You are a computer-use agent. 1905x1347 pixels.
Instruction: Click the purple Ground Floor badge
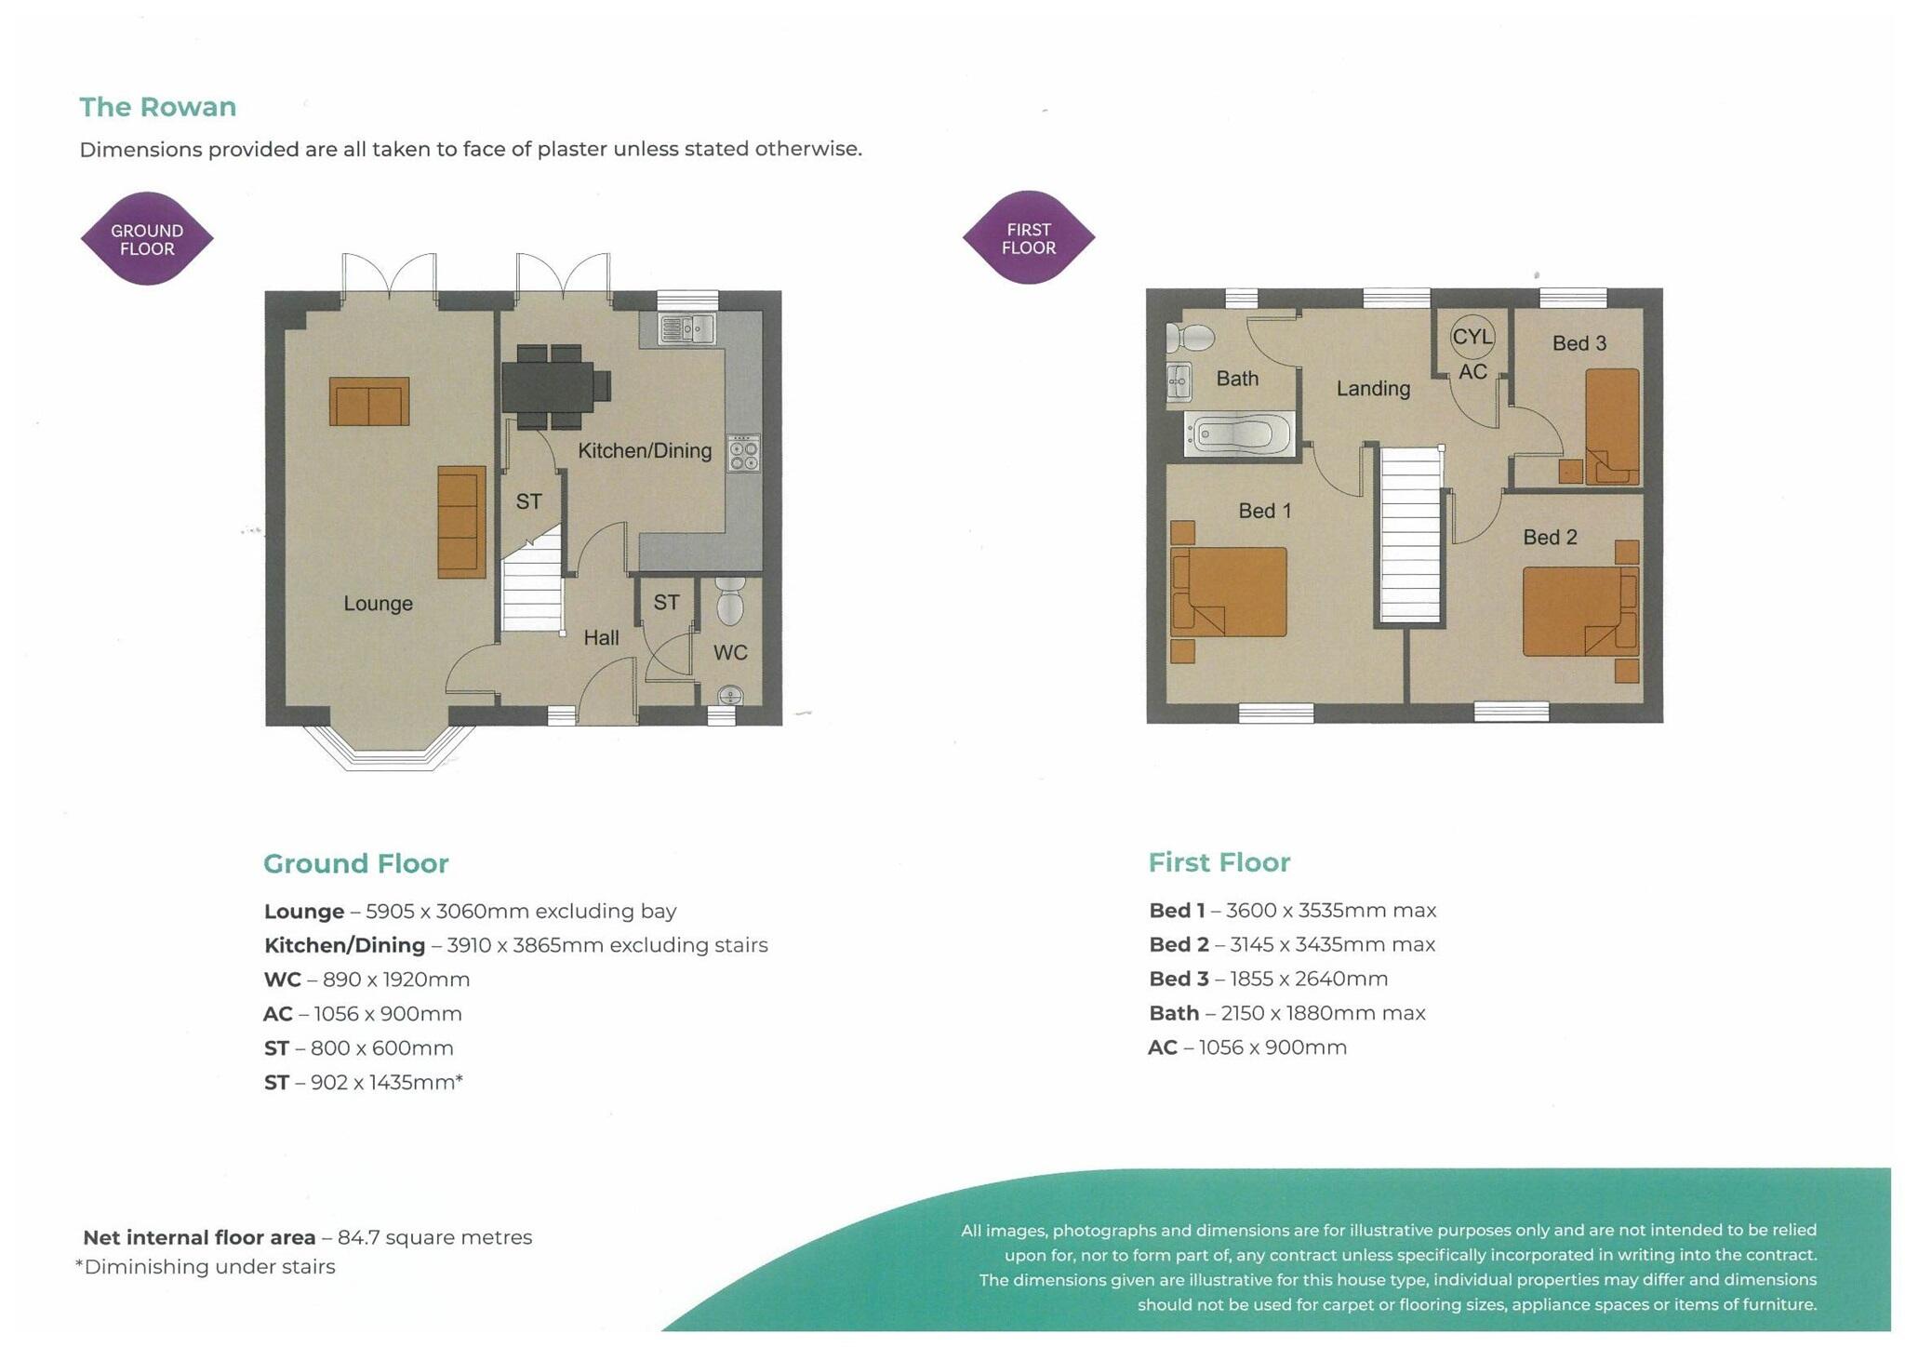coord(147,239)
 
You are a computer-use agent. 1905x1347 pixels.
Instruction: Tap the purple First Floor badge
coord(1028,238)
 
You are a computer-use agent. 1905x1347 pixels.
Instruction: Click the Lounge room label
coord(378,603)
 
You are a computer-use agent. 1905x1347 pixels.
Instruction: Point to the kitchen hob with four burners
coord(744,453)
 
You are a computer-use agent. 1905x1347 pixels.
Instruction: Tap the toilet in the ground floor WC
coord(730,601)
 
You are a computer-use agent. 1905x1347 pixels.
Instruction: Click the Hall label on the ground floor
coord(601,638)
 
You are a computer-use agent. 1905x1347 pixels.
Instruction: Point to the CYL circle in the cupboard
coord(1472,337)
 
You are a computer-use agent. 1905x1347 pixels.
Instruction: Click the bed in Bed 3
coord(1612,426)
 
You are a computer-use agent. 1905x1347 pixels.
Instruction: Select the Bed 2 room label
coord(1550,537)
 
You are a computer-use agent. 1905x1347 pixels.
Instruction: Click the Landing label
coord(1373,389)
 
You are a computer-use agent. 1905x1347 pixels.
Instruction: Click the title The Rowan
coord(157,107)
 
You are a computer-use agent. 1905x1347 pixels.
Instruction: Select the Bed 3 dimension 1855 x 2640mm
coord(1308,979)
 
